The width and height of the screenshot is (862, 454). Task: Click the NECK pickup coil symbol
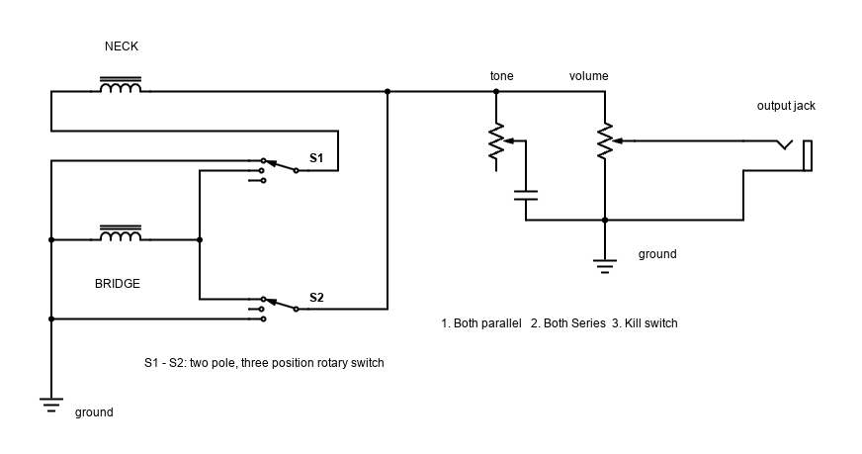(x=121, y=85)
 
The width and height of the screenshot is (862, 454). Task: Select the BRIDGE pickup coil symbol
(x=121, y=233)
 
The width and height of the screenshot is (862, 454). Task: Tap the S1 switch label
(x=316, y=158)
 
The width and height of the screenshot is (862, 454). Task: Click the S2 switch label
(x=316, y=298)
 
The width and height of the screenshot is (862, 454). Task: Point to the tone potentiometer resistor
(x=496, y=141)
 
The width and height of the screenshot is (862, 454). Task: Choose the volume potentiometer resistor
(x=605, y=141)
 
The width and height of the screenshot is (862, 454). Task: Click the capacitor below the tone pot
(x=526, y=196)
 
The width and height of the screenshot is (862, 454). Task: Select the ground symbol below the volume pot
(x=605, y=266)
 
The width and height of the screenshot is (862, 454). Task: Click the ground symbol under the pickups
(x=51, y=405)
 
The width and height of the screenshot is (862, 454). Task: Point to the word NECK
(x=122, y=46)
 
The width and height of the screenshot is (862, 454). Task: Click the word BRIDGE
(x=117, y=284)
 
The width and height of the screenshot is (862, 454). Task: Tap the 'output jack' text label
(x=786, y=106)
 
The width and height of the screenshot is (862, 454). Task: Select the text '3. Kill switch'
(x=645, y=323)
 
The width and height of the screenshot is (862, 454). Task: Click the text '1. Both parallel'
(x=481, y=323)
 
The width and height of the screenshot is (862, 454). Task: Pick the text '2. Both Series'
(x=567, y=323)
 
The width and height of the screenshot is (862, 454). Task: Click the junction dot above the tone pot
(x=496, y=91)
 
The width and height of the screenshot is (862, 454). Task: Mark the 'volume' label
(x=589, y=76)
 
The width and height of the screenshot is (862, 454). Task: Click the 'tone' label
(x=502, y=76)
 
